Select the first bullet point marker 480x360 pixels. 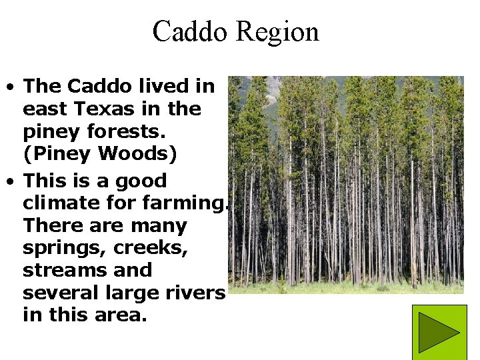(11, 87)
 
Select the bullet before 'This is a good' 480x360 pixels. (11, 181)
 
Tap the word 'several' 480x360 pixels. (57, 293)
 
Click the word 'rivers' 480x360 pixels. (196, 293)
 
